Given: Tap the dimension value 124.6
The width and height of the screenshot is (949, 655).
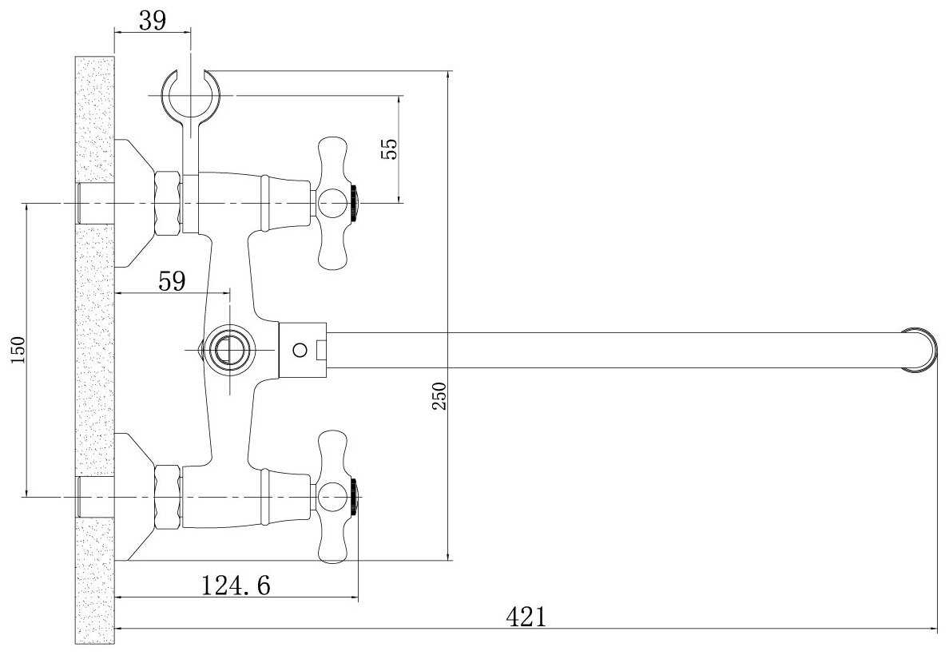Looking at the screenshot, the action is click(x=236, y=585).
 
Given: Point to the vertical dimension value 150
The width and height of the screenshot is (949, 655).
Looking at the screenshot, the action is click(x=18, y=349).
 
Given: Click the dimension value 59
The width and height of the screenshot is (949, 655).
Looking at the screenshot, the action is click(x=172, y=281).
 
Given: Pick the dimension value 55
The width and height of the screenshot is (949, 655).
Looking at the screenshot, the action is click(x=391, y=149).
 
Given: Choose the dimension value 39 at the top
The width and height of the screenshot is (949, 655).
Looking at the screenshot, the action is click(x=152, y=21).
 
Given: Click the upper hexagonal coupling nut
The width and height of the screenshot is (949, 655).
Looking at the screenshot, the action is click(x=168, y=203).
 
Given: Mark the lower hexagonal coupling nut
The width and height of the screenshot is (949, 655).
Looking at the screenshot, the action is click(x=168, y=497).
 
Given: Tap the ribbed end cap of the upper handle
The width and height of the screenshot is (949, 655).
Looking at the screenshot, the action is click(x=355, y=202).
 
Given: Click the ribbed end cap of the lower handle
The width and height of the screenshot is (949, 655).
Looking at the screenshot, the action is click(x=355, y=496).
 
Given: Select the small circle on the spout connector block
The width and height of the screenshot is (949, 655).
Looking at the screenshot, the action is click(x=299, y=350).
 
